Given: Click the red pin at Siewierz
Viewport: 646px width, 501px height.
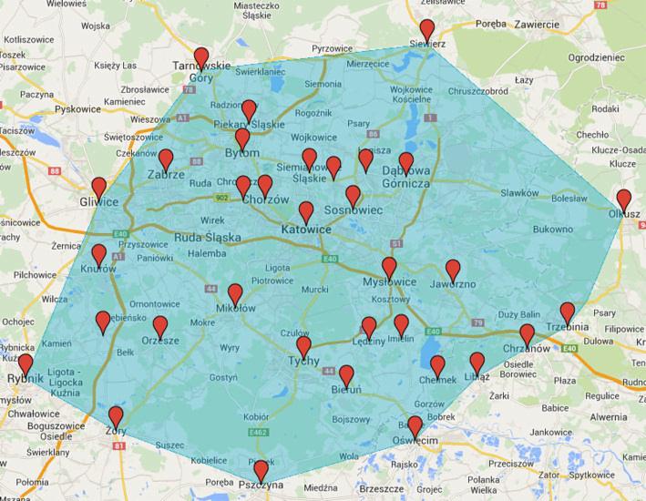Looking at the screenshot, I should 426,29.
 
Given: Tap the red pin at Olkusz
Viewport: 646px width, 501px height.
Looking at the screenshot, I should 623,199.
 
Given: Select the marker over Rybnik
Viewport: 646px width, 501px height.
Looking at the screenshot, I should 25,365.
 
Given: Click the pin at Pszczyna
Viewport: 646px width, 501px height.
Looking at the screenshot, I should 261,470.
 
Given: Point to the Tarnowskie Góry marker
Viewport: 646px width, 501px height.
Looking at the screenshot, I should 201,58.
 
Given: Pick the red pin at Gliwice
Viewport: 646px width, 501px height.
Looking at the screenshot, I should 98,188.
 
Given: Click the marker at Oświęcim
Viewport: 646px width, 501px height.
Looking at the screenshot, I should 415,426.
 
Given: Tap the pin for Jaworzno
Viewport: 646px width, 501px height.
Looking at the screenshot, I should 453,270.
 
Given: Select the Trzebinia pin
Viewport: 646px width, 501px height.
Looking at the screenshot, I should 568,312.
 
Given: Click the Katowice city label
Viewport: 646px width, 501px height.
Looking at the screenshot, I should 306,230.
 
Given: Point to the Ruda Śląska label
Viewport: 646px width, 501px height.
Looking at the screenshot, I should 207,239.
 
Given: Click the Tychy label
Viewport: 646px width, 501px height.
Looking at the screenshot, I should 303,361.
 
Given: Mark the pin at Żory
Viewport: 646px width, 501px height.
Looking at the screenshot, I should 116,416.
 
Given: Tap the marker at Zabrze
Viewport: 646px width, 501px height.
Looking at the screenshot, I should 166,160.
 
